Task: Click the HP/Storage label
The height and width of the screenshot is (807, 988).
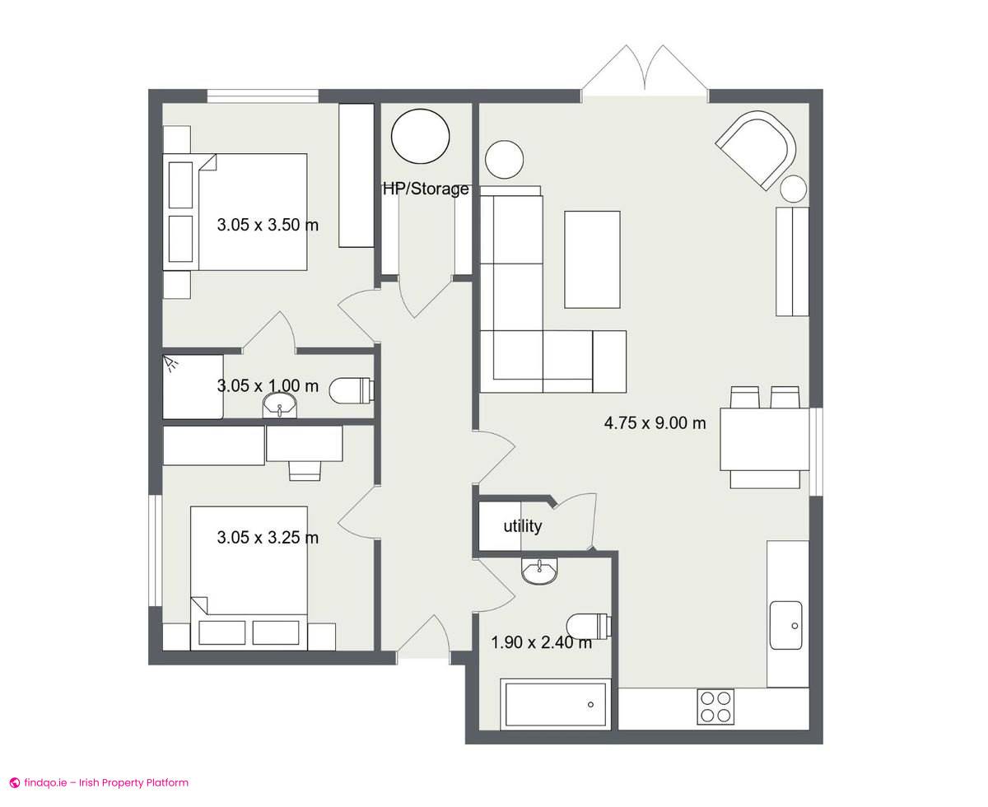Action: (426, 189)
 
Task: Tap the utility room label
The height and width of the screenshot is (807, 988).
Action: (522, 526)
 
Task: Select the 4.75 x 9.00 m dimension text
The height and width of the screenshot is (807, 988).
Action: (655, 423)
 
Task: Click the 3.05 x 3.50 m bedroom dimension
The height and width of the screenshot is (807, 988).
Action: (268, 225)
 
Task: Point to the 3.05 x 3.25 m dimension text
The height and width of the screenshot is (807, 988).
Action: (268, 538)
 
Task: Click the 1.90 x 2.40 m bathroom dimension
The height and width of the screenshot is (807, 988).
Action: (541, 642)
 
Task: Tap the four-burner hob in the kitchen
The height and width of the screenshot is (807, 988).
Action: (715, 707)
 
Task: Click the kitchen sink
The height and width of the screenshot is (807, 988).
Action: (785, 625)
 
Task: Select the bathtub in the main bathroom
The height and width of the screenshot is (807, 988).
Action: (555, 704)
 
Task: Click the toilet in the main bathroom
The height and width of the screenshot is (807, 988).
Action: (589, 626)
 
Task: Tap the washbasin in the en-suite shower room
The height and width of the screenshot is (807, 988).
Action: (280, 405)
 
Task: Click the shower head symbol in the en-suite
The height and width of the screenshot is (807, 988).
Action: (169, 363)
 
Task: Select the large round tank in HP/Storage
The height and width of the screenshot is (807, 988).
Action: (420, 137)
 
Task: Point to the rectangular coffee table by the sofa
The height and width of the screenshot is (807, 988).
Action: (592, 259)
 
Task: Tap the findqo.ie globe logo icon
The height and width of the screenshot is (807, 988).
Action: (15, 782)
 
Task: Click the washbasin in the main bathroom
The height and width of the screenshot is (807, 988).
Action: (539, 571)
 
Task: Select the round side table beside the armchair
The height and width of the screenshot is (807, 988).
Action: (794, 189)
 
